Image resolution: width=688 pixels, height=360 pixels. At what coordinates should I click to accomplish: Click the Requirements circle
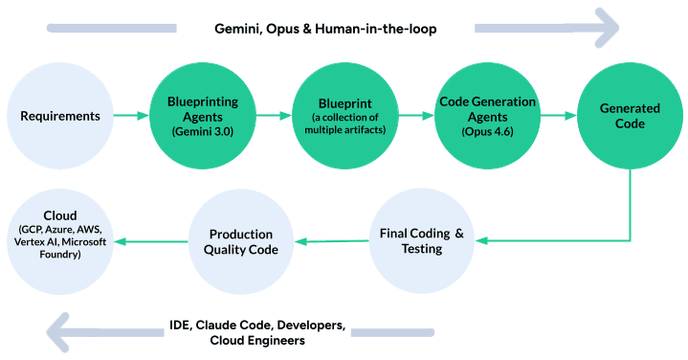pyautogui.click(x=60, y=117)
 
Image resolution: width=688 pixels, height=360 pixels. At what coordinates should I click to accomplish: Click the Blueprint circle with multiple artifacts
pyautogui.click(x=344, y=117)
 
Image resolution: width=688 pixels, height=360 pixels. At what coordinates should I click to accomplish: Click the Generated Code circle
pyautogui.click(x=629, y=117)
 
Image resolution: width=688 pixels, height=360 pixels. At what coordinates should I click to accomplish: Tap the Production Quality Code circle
pyautogui.click(x=241, y=241)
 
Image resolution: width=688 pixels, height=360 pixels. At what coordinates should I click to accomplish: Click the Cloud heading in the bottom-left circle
pyautogui.click(x=60, y=215)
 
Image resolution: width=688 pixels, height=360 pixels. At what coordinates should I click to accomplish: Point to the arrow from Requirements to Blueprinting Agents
pyautogui.click(x=130, y=117)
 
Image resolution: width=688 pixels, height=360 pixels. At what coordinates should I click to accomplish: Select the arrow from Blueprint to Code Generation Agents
pyautogui.click(x=414, y=117)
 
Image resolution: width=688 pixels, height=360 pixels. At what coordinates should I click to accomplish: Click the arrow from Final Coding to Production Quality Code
pyautogui.click(x=330, y=241)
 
